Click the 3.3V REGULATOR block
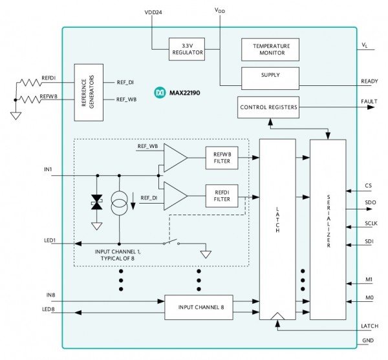pos(187,49)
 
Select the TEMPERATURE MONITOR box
pos(270,50)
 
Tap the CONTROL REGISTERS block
pos(268,107)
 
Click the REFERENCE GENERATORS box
pos(89,92)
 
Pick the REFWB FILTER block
pos(222,158)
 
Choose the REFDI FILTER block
pos(222,196)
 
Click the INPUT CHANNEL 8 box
pos(199,308)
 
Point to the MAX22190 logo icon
pos(160,92)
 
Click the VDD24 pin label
pos(153,12)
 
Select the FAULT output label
pos(369,101)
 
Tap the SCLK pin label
pos(371,224)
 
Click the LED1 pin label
pos(50,240)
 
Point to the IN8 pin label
pos(50,295)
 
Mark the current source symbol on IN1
pos(119,203)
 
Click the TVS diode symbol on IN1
pos(97,202)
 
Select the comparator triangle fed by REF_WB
pos(175,158)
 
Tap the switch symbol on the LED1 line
pos(171,242)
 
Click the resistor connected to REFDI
pos(30,82)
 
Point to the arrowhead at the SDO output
pos(369,209)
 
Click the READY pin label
pos(369,81)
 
